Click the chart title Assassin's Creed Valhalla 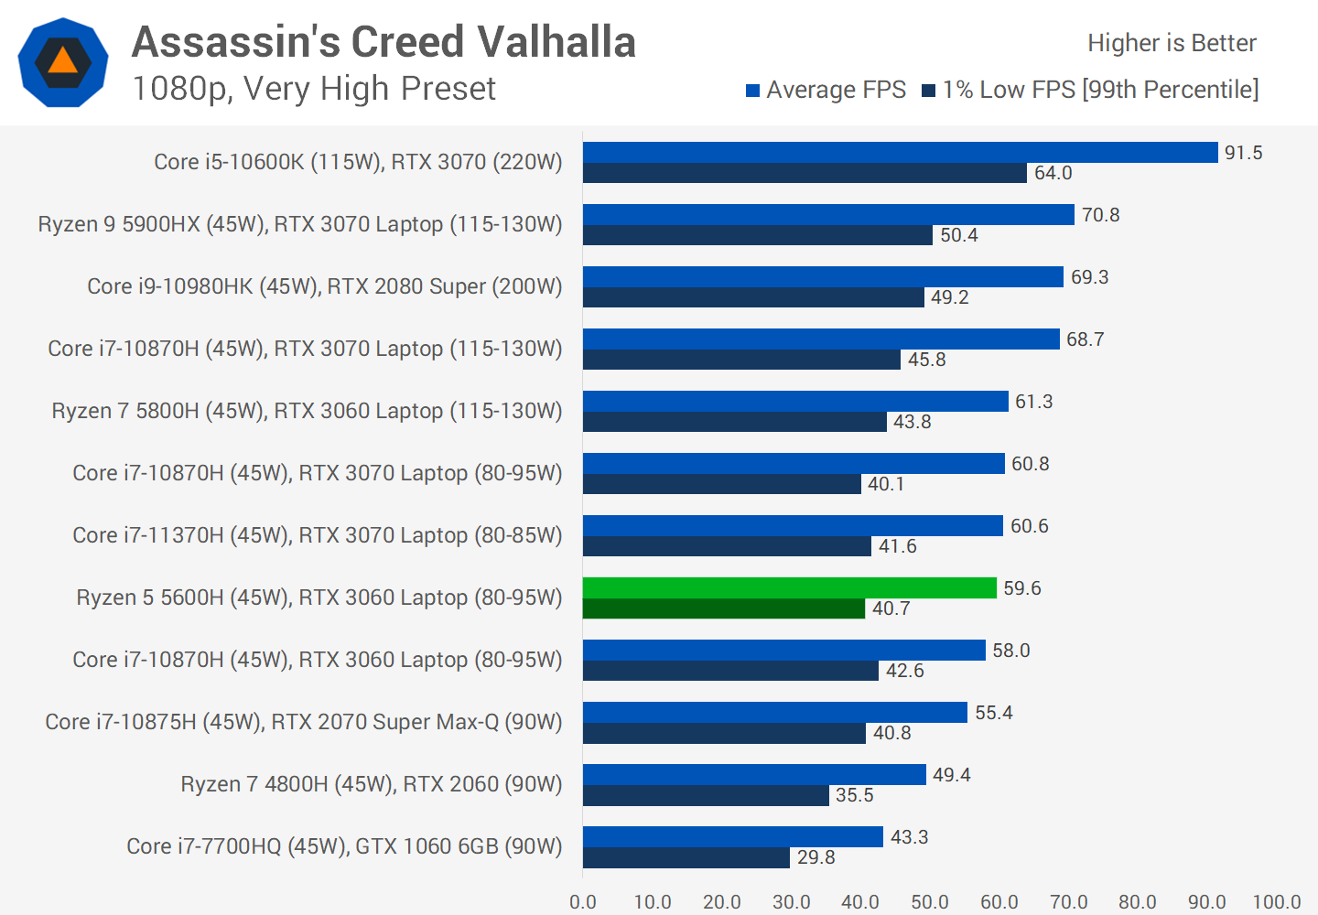click(x=384, y=42)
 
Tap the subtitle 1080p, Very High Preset click(x=313, y=89)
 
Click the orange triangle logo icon click(x=63, y=61)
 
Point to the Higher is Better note click(x=1172, y=43)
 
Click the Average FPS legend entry click(x=826, y=90)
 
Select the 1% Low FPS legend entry click(x=1090, y=90)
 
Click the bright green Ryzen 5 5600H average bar click(x=789, y=587)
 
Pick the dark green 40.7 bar click(x=723, y=608)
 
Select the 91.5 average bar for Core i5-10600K click(x=900, y=152)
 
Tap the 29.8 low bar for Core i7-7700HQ click(x=686, y=857)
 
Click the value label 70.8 click(x=1100, y=215)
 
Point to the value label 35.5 click(x=854, y=795)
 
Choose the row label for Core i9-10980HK click(x=324, y=286)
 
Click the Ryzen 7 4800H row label click(x=371, y=784)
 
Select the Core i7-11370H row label click(x=317, y=535)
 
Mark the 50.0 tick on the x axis click(x=930, y=901)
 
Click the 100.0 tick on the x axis click(x=1276, y=901)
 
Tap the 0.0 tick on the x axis click(x=583, y=901)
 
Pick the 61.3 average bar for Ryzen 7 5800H click(x=795, y=401)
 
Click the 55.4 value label click(x=993, y=713)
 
